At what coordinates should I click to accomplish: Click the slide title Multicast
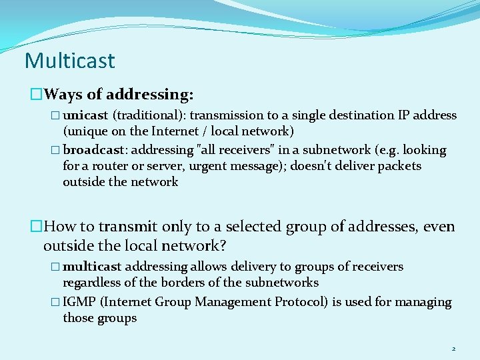tap(69, 61)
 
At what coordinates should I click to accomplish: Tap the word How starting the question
tap(61, 227)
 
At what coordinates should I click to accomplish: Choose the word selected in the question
tap(250, 227)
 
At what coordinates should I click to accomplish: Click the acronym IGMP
tap(79, 302)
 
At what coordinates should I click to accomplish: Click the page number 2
tap(453, 349)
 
